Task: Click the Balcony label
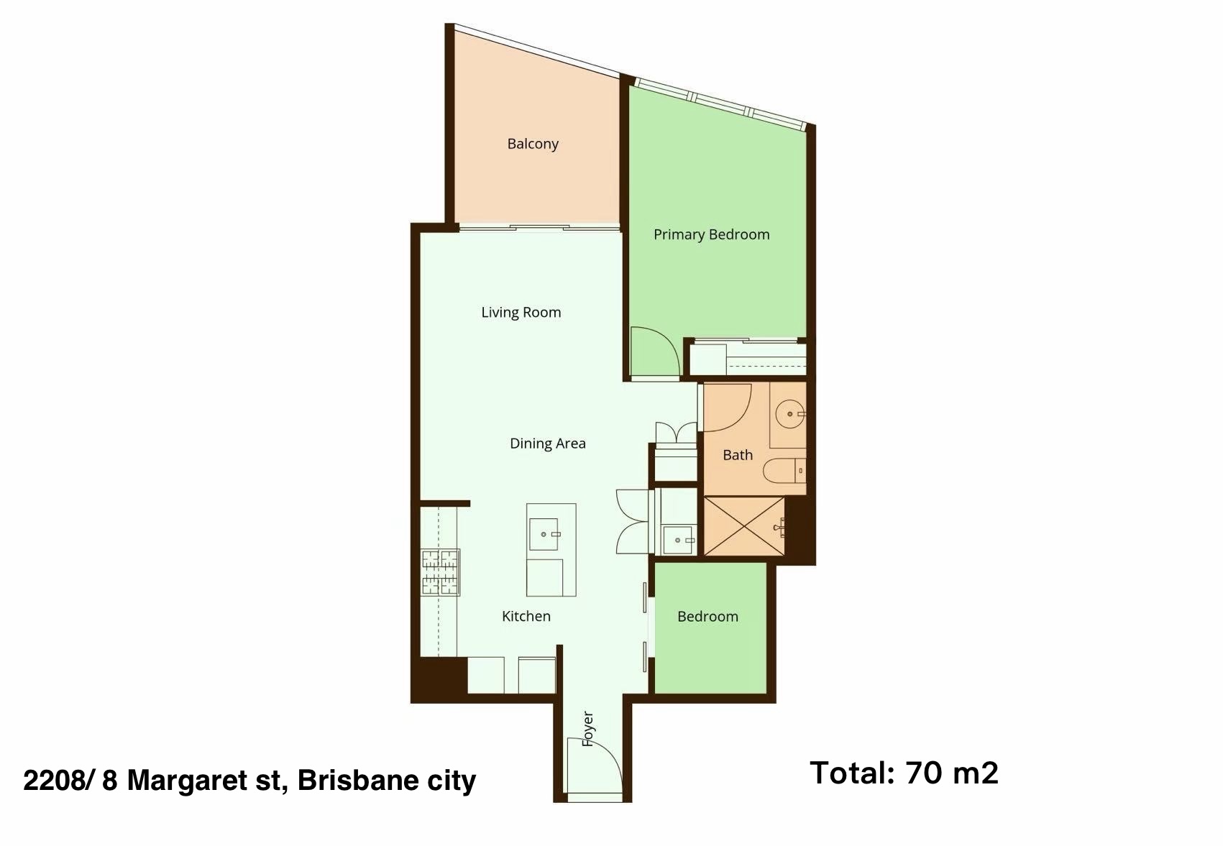pos(532,144)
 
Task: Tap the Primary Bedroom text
pos(711,235)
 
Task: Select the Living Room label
pos(521,312)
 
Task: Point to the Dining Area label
pos(548,443)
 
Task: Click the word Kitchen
pos(526,616)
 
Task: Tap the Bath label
pos(738,455)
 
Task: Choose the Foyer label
pos(587,729)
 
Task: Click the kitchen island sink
pos(544,534)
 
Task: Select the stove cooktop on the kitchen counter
pos(440,572)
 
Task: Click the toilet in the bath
pos(784,471)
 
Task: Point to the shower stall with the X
pos(744,526)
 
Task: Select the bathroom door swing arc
pos(728,408)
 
